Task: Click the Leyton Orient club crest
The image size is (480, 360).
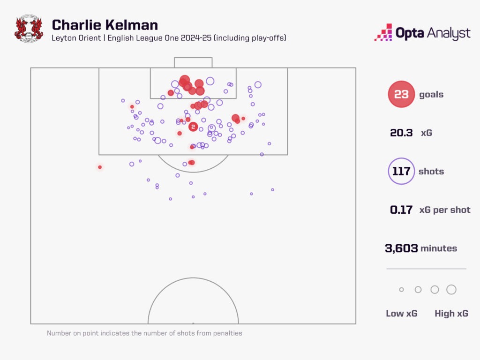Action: [x=29, y=30]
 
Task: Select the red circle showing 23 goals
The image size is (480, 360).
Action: [x=401, y=94]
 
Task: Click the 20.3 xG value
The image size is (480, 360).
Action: [x=401, y=133]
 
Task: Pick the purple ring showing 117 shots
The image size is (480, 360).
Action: [x=401, y=171]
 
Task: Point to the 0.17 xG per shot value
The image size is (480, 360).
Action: [x=401, y=210]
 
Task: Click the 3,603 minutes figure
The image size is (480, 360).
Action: [x=401, y=248]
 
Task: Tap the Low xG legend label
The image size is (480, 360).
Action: [x=401, y=314]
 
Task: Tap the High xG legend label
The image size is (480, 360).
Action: [x=451, y=314]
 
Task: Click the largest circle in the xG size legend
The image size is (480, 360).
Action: [x=451, y=290]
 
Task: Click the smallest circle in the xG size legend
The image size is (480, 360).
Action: [x=401, y=290]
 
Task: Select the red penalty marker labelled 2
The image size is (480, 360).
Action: [x=193, y=127]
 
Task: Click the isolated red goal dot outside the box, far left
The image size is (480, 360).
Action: [x=100, y=167]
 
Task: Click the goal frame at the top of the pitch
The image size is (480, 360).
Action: [x=193, y=62]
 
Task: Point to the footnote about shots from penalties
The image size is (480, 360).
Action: [x=144, y=333]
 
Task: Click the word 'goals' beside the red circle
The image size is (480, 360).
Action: [x=431, y=94]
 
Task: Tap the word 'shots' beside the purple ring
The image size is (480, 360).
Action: [x=431, y=171]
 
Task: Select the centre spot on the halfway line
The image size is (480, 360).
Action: [x=193, y=323]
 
